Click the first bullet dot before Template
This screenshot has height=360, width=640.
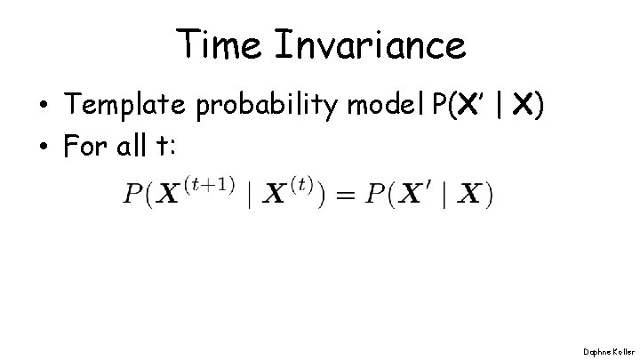tap(43, 108)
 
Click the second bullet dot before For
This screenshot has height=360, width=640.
tap(43, 148)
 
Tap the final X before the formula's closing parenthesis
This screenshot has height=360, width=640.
tap(470, 195)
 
